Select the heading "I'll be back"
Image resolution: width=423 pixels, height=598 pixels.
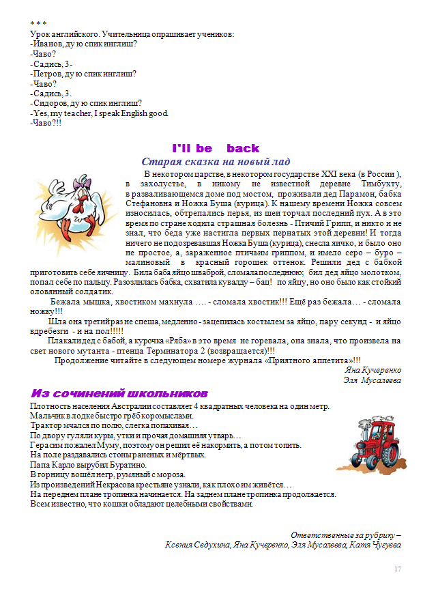click(216, 148)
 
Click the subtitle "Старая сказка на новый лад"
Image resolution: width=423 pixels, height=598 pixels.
click(216, 162)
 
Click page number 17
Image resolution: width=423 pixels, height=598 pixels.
click(398, 569)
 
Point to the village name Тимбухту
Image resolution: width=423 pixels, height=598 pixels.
click(379, 184)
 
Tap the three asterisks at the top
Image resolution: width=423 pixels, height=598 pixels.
click(39, 24)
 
